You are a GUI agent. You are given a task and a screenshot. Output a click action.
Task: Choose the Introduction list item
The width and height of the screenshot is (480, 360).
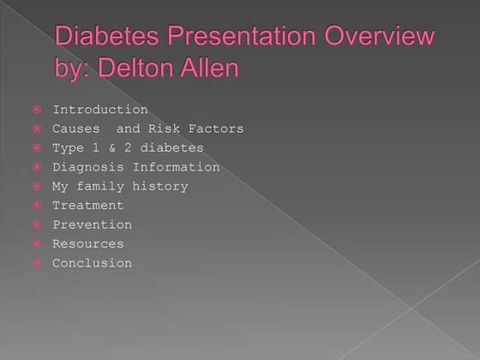[x=99, y=110]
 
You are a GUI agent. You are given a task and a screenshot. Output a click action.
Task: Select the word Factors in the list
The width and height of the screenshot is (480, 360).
[x=216, y=129]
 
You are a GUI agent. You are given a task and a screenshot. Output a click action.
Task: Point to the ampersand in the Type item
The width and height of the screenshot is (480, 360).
[x=116, y=148]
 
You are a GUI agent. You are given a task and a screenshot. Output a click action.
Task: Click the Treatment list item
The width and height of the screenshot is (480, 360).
[x=87, y=206]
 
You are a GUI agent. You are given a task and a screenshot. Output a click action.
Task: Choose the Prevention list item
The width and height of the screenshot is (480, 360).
[x=92, y=225]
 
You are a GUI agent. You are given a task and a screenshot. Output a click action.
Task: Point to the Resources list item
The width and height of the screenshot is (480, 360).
[x=87, y=244]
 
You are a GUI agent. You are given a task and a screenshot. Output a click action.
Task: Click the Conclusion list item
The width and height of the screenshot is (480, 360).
[x=92, y=263]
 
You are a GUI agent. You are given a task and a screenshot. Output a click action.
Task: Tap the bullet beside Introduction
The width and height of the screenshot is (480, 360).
[x=38, y=110]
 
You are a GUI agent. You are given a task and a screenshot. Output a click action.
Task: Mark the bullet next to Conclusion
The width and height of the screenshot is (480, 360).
[x=38, y=263]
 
